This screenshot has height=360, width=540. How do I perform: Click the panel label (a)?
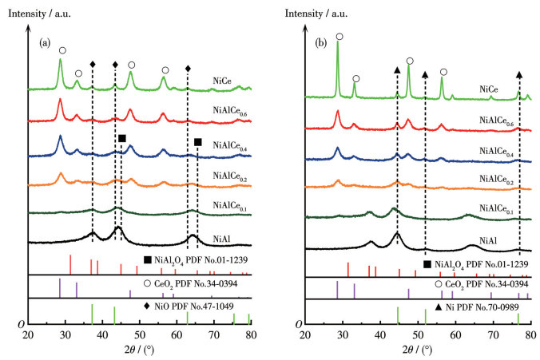pos(46,44)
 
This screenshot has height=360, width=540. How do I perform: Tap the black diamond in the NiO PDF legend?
pos(148,305)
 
